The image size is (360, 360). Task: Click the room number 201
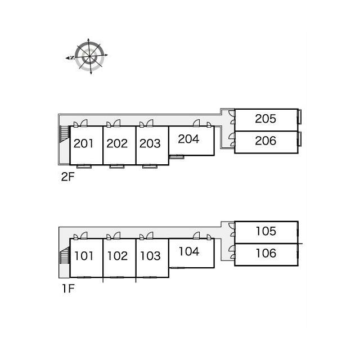pos(84,144)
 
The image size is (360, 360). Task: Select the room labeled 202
pos(117,144)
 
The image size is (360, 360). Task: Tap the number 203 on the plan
pos(150,144)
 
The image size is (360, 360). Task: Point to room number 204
pos(188,139)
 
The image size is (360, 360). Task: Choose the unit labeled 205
pos(265,119)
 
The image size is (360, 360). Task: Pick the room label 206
pos(265,141)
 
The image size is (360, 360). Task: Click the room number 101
pos(84,256)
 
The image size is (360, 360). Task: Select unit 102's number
pos(118,256)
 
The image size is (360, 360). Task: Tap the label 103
pos(150,256)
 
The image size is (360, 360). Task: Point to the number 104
pos(189,251)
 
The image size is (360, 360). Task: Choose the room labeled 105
pos(266,231)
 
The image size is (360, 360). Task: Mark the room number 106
pos(266,253)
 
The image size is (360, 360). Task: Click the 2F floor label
pos(67,177)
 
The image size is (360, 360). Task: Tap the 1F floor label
pos(68,289)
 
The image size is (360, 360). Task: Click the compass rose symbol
pos(88,56)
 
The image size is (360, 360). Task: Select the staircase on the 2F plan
pos(65,134)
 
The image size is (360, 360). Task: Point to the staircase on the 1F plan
pos(65,255)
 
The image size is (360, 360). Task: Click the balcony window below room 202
pos(117,166)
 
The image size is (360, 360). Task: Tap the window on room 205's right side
pos(300,116)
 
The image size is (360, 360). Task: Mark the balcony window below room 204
pos(176,157)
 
